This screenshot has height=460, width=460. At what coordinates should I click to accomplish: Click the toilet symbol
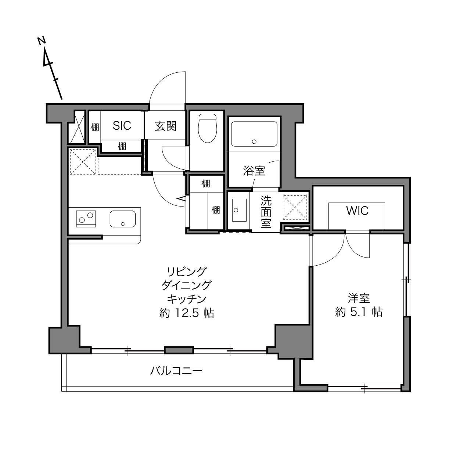(x=208, y=128)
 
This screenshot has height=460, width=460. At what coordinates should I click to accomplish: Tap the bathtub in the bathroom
(x=254, y=134)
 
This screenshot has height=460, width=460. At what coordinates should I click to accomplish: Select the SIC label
(x=122, y=126)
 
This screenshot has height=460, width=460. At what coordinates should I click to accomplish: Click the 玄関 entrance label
(x=166, y=126)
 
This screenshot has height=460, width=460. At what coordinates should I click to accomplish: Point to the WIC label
(x=357, y=211)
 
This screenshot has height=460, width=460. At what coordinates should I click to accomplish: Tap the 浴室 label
(x=254, y=171)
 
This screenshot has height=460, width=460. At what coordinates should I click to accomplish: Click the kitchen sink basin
(x=123, y=219)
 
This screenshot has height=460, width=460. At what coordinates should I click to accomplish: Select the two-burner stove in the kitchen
(x=86, y=219)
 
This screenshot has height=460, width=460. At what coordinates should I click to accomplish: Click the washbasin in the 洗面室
(x=239, y=210)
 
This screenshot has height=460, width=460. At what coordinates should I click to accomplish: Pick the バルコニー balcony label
(x=176, y=371)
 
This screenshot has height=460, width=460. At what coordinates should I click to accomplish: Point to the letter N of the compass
(x=42, y=40)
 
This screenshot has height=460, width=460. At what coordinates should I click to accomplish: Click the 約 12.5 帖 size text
(x=187, y=313)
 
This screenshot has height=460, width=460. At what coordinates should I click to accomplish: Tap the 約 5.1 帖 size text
(x=359, y=312)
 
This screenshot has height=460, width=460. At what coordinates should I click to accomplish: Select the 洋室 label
(x=359, y=298)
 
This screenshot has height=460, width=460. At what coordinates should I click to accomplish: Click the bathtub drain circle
(x=254, y=142)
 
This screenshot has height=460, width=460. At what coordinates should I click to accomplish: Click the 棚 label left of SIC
(x=95, y=127)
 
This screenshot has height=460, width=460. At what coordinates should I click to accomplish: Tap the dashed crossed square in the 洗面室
(x=295, y=207)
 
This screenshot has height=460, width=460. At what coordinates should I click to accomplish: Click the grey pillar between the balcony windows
(x=179, y=350)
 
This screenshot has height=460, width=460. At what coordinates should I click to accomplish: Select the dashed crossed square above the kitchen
(x=83, y=162)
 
